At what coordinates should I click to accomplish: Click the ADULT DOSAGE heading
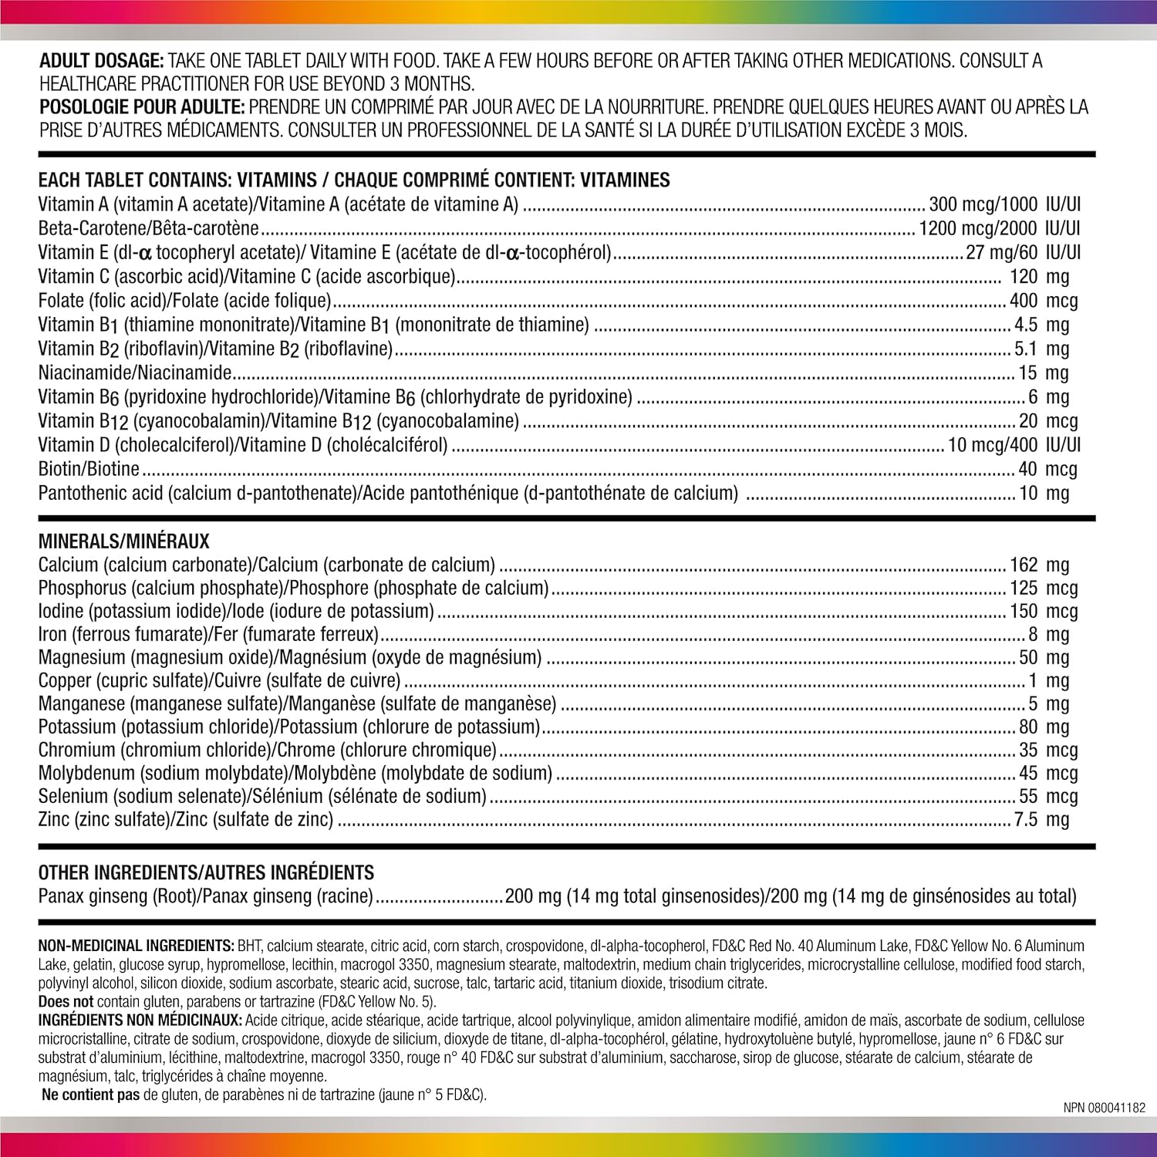(101, 61)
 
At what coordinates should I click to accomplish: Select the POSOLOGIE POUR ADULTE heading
(142, 107)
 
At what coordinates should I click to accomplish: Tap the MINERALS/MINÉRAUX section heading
(124, 541)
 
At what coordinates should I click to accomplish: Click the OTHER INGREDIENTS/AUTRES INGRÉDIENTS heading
(206, 872)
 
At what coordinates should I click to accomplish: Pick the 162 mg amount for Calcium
(1039, 565)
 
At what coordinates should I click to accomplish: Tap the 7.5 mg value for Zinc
(1041, 819)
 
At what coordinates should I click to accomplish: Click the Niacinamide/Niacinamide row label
(135, 373)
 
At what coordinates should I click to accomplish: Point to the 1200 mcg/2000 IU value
(999, 228)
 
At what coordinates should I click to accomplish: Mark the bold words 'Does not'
(66, 1002)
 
